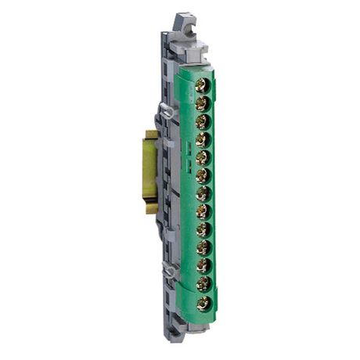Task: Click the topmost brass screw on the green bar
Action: pos(202,84)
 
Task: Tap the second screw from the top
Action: pos(202,102)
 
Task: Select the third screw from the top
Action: pos(202,120)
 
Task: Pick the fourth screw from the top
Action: pos(202,138)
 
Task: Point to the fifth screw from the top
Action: pos(202,156)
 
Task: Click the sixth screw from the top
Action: pos(202,174)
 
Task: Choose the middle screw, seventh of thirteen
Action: pos(202,192)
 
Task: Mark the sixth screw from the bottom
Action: pos(202,210)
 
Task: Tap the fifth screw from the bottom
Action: pos(202,229)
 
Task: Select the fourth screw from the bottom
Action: pos(202,247)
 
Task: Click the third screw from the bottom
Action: pos(202,265)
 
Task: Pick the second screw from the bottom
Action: pos(202,283)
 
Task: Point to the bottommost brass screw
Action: pos(202,301)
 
